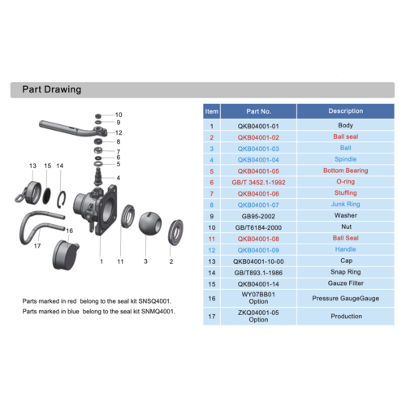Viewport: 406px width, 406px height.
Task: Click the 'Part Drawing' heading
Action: tap(52, 89)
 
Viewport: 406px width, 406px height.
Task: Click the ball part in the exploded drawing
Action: tap(150, 223)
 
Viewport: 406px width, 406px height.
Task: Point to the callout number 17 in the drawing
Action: tap(37, 246)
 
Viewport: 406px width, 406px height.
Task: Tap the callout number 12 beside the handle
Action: tap(119, 132)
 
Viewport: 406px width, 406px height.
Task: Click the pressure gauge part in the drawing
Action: tap(66, 254)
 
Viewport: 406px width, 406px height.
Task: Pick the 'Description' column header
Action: tap(346, 111)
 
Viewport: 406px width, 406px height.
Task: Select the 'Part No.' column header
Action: tap(258, 111)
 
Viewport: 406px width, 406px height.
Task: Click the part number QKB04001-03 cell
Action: tap(258, 149)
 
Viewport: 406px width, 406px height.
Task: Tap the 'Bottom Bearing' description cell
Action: tap(346, 171)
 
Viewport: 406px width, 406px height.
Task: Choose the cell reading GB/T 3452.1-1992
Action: tap(258, 183)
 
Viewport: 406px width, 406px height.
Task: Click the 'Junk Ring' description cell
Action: tap(346, 204)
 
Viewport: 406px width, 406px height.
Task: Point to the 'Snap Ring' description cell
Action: tap(346, 272)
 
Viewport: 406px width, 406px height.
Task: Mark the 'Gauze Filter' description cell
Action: tap(346, 283)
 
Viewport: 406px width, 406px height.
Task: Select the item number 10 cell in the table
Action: tap(212, 227)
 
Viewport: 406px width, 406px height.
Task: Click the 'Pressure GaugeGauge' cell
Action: tap(346, 298)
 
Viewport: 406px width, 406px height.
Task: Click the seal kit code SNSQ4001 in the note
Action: tap(154, 301)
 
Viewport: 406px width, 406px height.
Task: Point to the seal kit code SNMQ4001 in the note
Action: tap(158, 312)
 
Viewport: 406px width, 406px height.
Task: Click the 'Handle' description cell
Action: tap(346, 249)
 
